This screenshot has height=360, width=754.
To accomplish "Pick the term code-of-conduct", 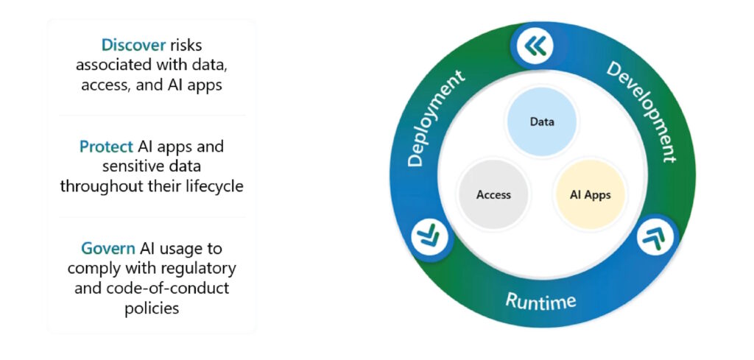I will click(x=172, y=288).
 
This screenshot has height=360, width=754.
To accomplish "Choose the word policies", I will click(x=151, y=308).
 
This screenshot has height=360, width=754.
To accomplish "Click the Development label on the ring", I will click(x=640, y=111).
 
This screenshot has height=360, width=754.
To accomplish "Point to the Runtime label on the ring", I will click(x=540, y=300).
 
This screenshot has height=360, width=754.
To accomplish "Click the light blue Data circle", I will click(x=542, y=121).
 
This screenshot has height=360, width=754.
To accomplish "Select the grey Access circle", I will click(x=493, y=194).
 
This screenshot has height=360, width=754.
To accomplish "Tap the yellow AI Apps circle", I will click(x=590, y=194).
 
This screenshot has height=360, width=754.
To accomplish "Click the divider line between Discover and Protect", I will click(x=152, y=116).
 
